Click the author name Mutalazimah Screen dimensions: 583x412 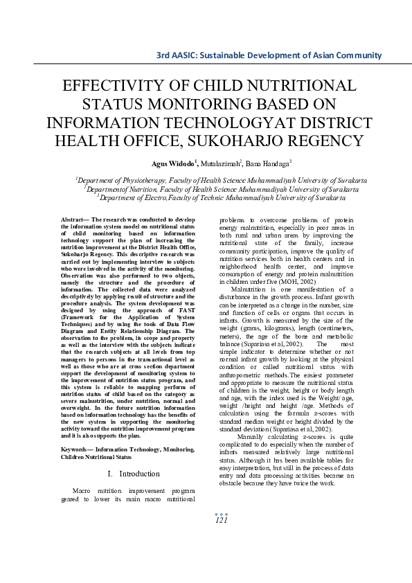click(x=220, y=163)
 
